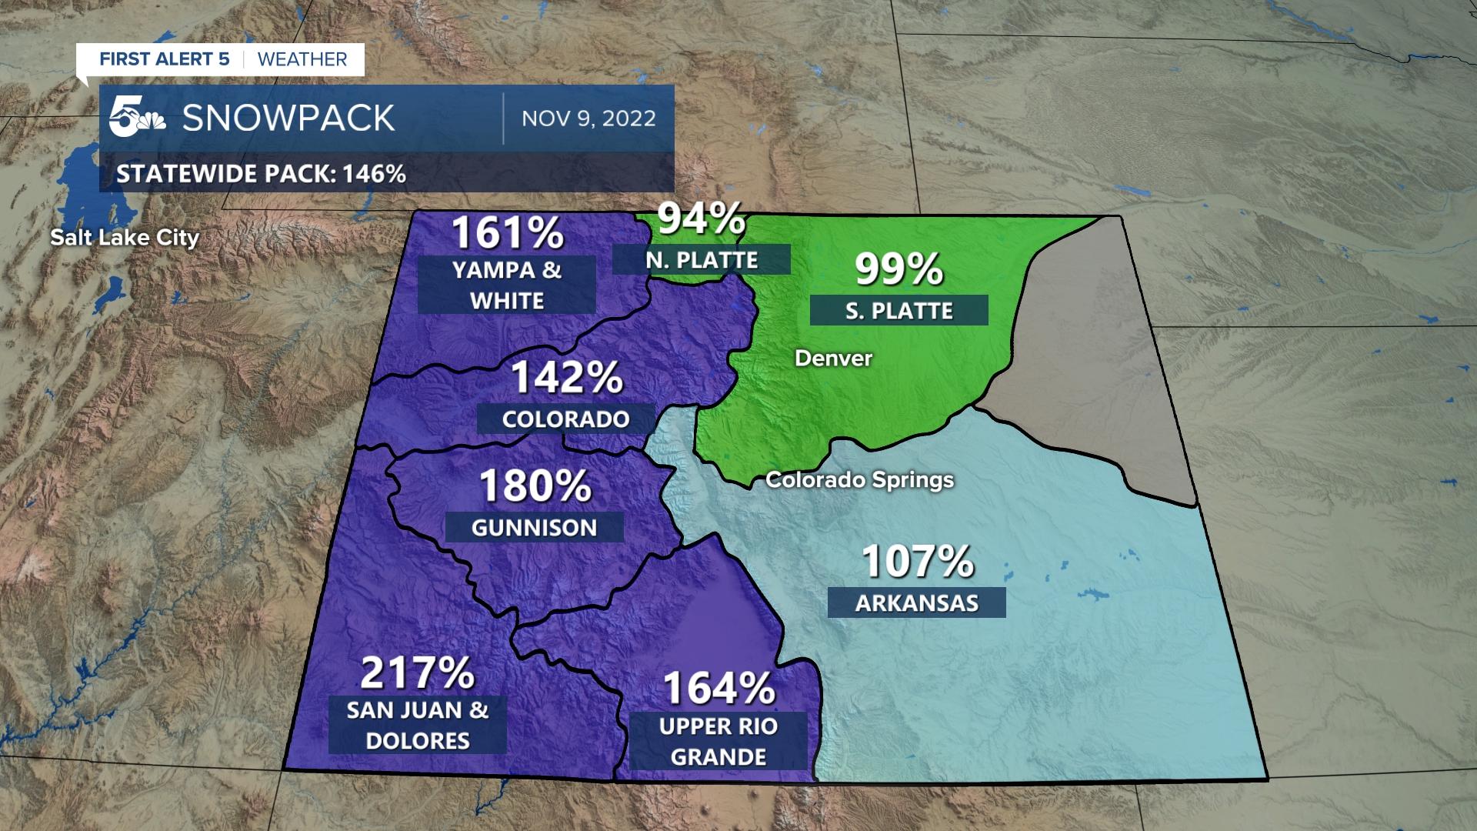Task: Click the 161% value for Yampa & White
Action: click(507, 232)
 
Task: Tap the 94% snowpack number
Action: click(701, 219)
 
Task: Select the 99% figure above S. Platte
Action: click(899, 269)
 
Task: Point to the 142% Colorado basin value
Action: click(566, 378)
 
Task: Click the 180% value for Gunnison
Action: click(535, 486)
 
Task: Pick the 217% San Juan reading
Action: click(418, 673)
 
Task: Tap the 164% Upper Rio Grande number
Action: click(718, 689)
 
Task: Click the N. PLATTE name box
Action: click(702, 260)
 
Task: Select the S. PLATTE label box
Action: click(899, 311)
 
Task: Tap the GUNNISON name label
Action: click(534, 528)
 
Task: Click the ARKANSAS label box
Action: click(916, 603)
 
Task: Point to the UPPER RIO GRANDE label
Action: click(718, 742)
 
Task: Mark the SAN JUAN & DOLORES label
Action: click(418, 726)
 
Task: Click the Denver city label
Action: click(833, 359)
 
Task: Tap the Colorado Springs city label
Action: click(859, 480)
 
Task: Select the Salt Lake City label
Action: click(125, 238)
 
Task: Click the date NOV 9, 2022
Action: click(588, 118)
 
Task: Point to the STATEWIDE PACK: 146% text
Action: click(261, 174)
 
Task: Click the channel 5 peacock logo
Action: click(137, 118)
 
